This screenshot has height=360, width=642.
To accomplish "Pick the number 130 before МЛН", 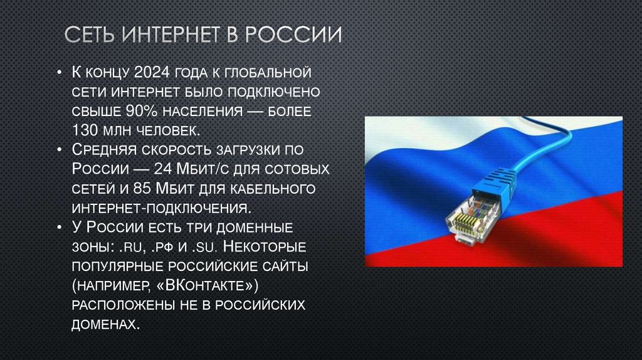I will click(87, 130).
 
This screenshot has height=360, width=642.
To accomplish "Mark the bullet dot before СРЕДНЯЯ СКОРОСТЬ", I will click(58, 150).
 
